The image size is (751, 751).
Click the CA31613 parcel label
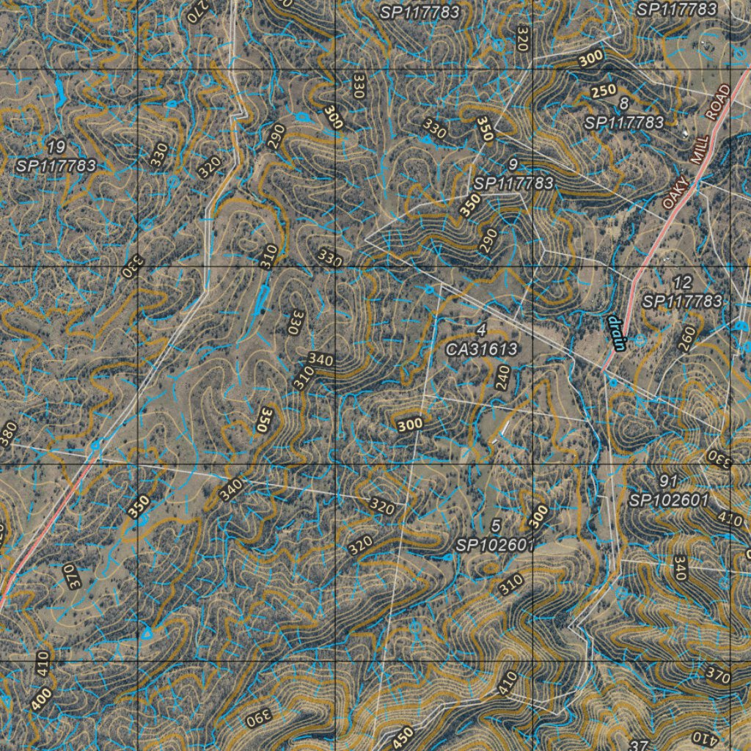click(x=482, y=348)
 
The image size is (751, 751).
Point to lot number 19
click(x=55, y=147)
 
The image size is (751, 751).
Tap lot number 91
click(x=667, y=482)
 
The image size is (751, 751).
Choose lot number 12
click(x=682, y=283)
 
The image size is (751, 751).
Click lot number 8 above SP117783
click(x=623, y=103)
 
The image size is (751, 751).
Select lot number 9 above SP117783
click(x=513, y=164)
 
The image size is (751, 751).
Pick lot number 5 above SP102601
click(x=496, y=527)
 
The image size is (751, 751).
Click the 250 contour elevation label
click(x=603, y=91)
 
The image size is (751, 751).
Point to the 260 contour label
click(x=686, y=339)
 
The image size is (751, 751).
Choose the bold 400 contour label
click(x=42, y=697)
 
